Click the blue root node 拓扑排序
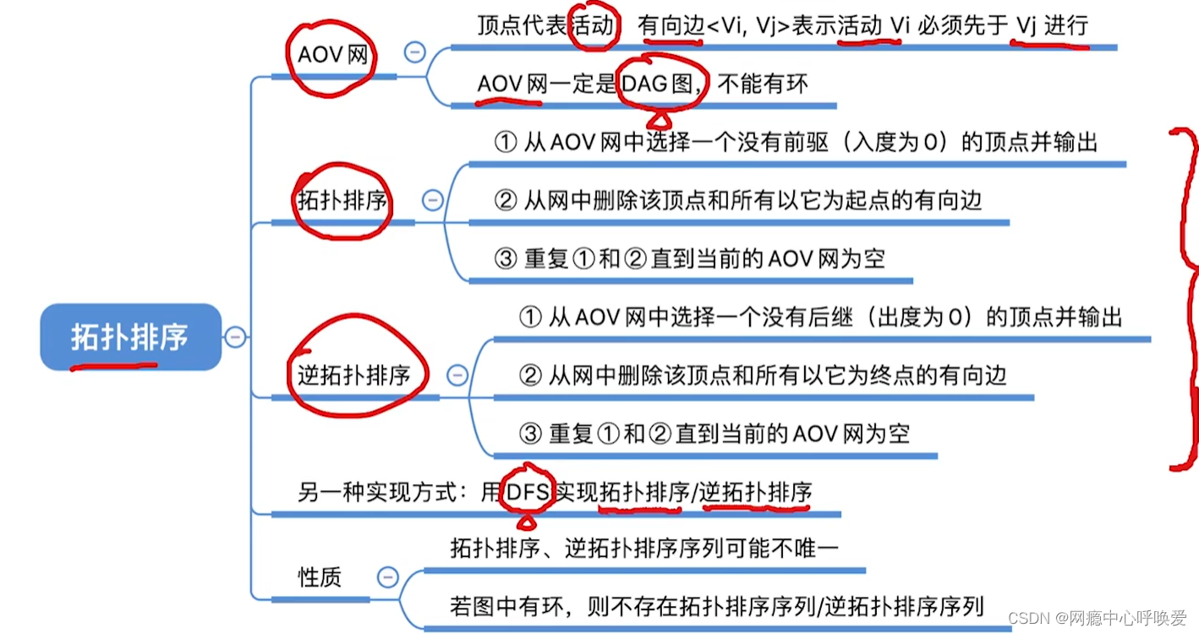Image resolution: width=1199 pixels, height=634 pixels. coord(130,337)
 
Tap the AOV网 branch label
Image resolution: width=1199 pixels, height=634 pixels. coord(333,55)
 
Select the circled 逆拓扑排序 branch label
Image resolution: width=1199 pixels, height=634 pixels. coord(353,375)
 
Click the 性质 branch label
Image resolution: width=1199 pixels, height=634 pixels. coord(320,578)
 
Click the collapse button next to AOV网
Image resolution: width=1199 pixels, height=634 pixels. coord(414,52)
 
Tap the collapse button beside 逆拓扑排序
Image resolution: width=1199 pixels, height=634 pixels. coord(457,374)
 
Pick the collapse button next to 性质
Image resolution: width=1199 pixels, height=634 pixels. coord(387,578)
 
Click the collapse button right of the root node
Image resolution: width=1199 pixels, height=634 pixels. coord(235,337)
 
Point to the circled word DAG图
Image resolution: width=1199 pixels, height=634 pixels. coord(660,83)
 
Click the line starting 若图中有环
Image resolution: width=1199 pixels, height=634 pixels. coord(717,606)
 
